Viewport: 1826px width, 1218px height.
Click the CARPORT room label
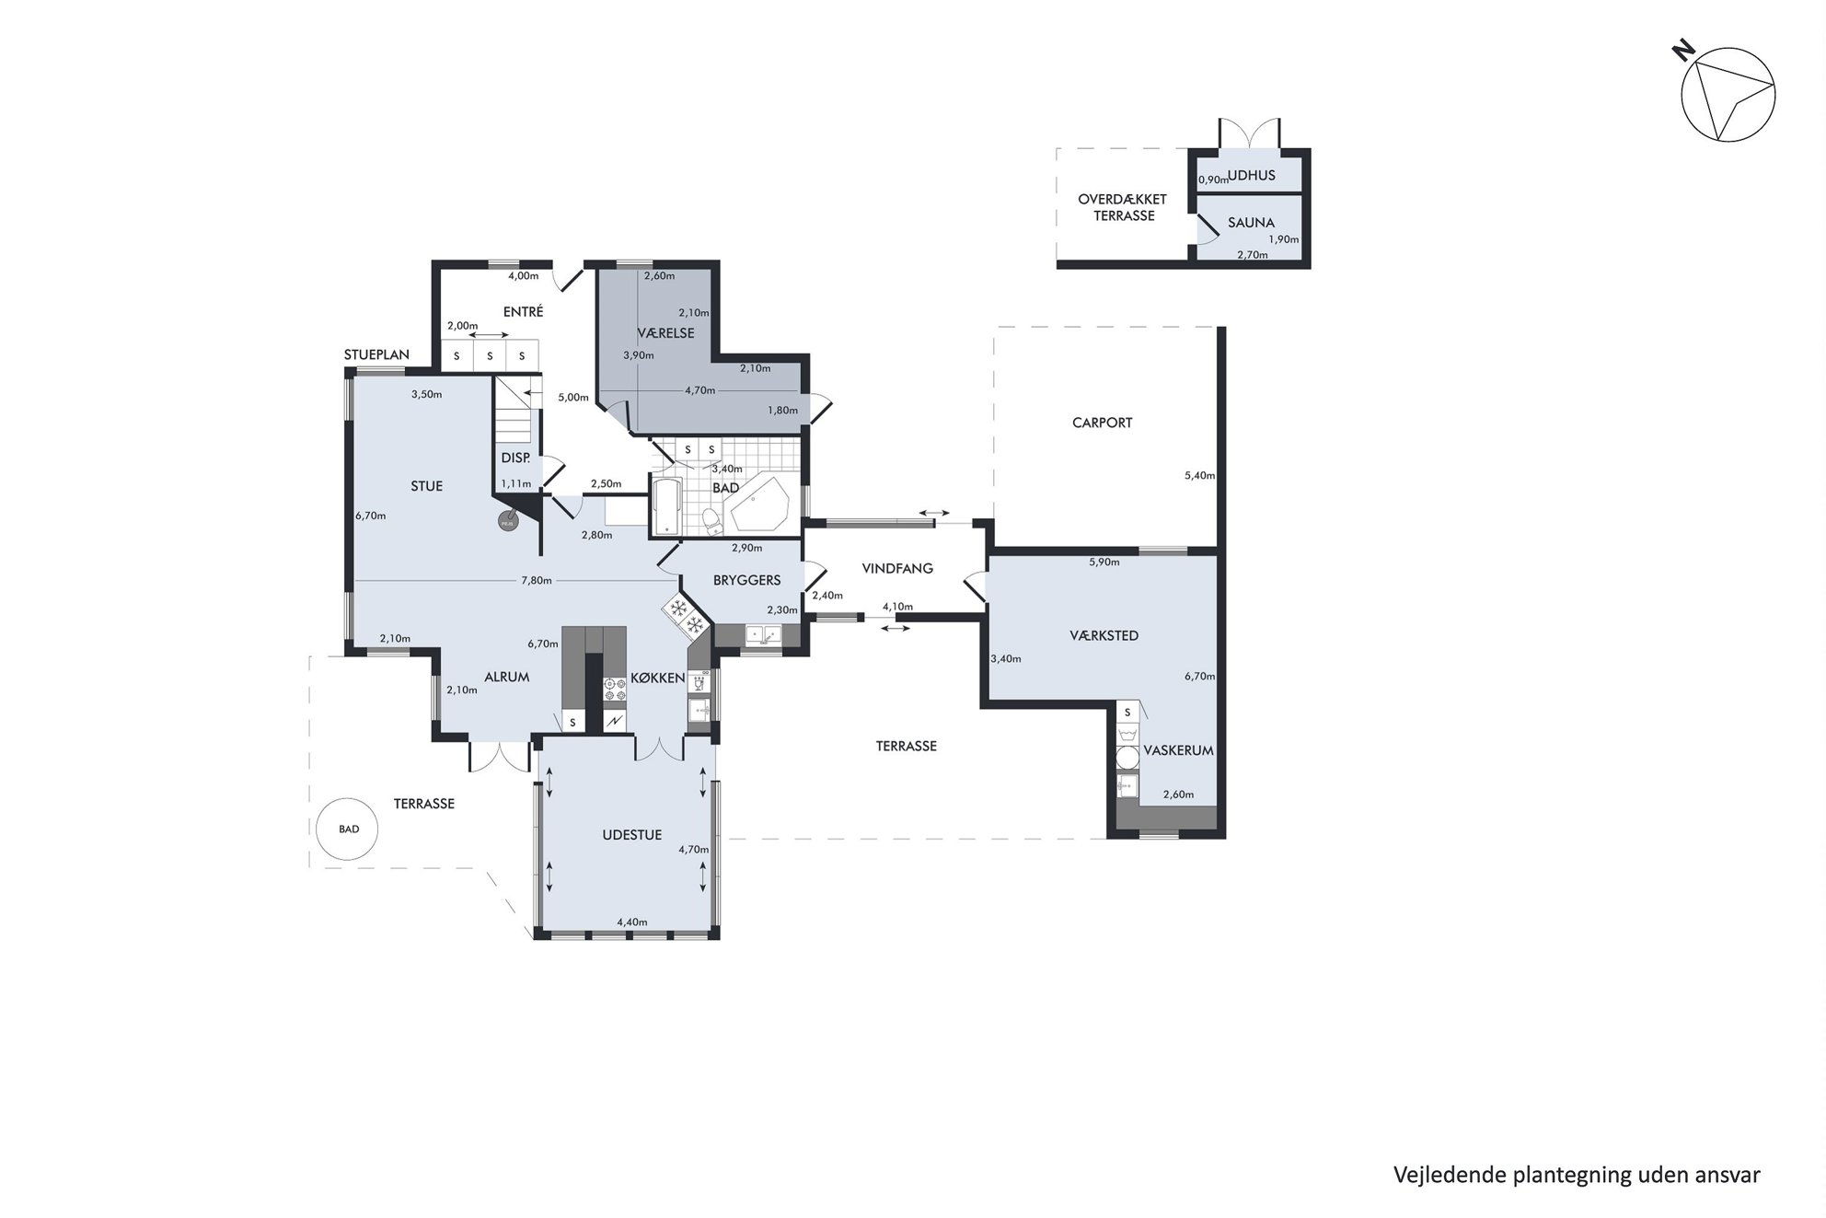point(1102,423)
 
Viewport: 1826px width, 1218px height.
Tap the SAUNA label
point(1251,222)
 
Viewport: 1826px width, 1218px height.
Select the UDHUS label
point(1252,175)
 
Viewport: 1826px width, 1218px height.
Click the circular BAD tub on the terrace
point(348,829)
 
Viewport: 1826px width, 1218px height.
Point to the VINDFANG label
point(897,568)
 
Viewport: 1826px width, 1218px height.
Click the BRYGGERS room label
point(746,580)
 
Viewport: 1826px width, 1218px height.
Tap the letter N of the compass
point(1683,52)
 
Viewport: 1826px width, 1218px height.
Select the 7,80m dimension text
point(537,580)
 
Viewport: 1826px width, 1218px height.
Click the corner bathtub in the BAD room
point(757,505)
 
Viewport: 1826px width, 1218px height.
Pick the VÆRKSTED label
point(1104,635)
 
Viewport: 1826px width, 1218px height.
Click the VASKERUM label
point(1178,750)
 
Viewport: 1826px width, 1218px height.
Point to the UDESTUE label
point(632,835)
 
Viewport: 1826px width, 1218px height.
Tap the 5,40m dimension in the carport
point(1199,476)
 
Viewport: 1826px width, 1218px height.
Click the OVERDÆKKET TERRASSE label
point(1123,207)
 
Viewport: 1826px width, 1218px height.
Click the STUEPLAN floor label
point(376,354)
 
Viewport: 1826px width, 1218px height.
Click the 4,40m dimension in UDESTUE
point(632,922)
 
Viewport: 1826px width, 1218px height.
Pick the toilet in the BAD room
point(711,522)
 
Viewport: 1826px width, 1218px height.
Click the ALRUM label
point(506,677)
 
